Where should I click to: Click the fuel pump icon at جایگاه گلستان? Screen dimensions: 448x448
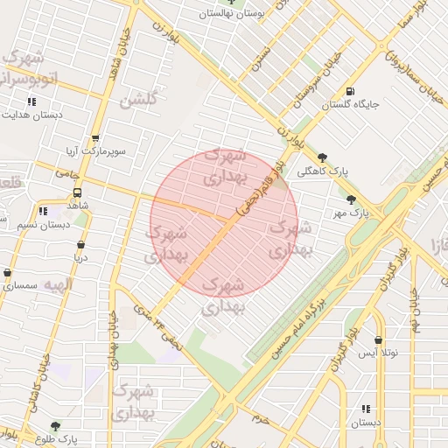[351, 91]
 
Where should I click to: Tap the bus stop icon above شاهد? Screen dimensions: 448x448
[77, 192]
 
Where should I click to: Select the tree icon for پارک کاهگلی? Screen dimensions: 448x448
[323, 157]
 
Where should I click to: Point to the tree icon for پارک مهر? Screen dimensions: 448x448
[352, 199]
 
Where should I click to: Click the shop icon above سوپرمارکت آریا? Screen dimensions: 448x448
[94, 138]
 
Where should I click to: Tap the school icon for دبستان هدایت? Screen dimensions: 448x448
[31, 101]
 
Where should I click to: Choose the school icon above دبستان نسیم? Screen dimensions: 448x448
[43, 211]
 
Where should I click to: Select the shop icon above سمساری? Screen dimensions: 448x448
[8, 273]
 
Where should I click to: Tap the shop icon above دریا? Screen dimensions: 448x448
[80, 245]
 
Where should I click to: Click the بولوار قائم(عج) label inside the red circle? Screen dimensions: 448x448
[260, 189]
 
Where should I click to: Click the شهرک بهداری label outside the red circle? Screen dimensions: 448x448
[133, 400]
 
